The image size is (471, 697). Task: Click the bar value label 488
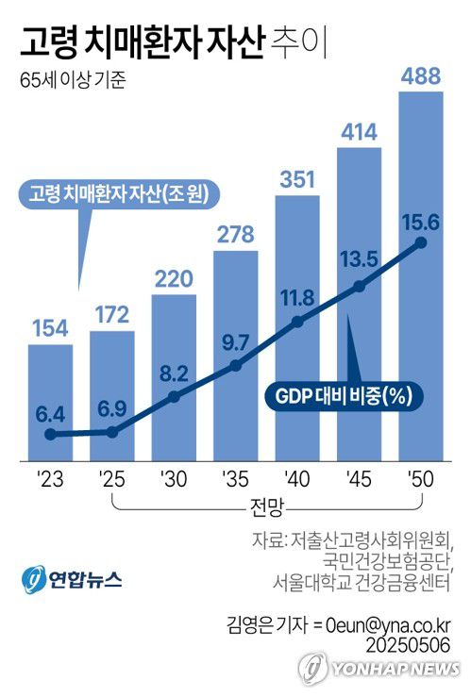(x=421, y=76)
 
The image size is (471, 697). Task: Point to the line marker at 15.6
(x=421, y=243)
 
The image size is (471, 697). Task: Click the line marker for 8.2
(x=174, y=397)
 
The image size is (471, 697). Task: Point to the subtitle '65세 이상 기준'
(x=72, y=79)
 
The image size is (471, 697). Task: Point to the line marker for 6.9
(x=112, y=432)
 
